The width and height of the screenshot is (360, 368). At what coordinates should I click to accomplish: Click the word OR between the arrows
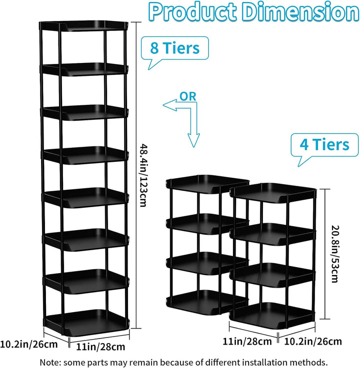click(188, 96)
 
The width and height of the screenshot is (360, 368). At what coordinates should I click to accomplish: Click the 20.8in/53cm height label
click(334, 254)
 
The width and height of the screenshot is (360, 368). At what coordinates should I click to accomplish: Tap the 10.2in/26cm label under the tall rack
click(28, 345)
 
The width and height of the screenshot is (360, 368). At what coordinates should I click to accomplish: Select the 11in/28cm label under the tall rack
click(100, 347)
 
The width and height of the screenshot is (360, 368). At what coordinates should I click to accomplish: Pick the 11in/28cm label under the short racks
click(247, 341)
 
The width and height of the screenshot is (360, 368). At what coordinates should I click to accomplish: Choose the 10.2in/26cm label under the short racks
click(313, 342)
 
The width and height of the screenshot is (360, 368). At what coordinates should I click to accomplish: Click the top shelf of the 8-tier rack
click(83, 25)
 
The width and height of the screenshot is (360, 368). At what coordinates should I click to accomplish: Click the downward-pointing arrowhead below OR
click(193, 140)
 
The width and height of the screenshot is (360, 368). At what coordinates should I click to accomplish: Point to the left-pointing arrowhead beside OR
click(169, 105)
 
